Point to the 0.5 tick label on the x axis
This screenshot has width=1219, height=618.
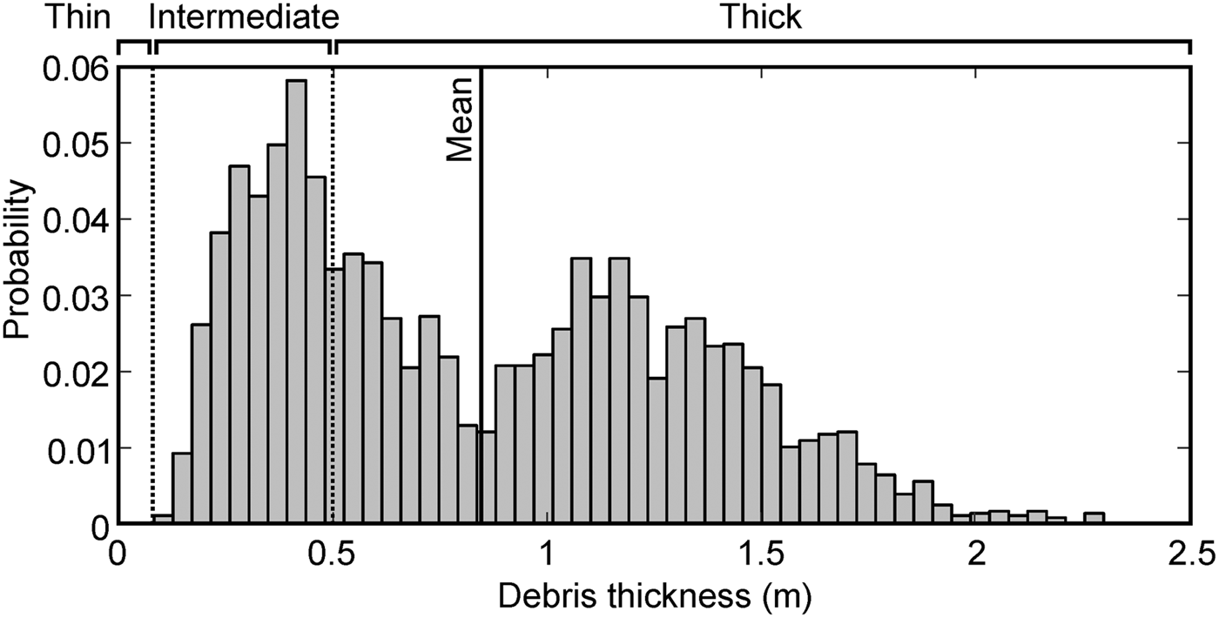332,553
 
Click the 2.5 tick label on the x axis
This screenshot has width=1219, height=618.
1189,553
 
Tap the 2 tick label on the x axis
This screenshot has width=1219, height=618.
976,553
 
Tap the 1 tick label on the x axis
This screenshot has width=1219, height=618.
547,553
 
